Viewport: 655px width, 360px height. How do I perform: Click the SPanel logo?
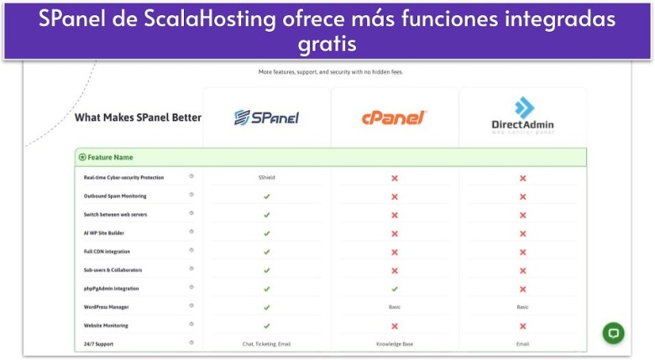pos(266,117)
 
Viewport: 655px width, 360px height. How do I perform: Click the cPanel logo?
pos(394,118)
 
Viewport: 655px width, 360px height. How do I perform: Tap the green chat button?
pos(614,332)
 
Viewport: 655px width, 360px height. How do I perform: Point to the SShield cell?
pos(266,178)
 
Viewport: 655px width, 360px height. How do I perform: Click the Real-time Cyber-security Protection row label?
pos(123,178)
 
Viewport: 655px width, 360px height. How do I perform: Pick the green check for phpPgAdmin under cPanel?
pos(394,289)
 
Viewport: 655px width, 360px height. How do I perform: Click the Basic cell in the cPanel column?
pos(394,307)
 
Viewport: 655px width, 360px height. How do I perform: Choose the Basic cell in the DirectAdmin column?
pos(522,307)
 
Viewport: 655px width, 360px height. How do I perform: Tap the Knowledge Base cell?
pos(394,344)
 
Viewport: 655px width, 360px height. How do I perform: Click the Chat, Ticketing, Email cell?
pos(266,344)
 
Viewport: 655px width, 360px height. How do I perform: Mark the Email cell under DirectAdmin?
pos(522,344)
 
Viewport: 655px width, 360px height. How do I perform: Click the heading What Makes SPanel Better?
pos(138,117)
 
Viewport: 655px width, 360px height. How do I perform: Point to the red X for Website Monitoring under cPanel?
pos(394,326)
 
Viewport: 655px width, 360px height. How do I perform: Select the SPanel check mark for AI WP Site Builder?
pos(266,233)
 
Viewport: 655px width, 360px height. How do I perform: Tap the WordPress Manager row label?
pos(107,307)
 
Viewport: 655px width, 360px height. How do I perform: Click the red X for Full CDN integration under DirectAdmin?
pos(522,252)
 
